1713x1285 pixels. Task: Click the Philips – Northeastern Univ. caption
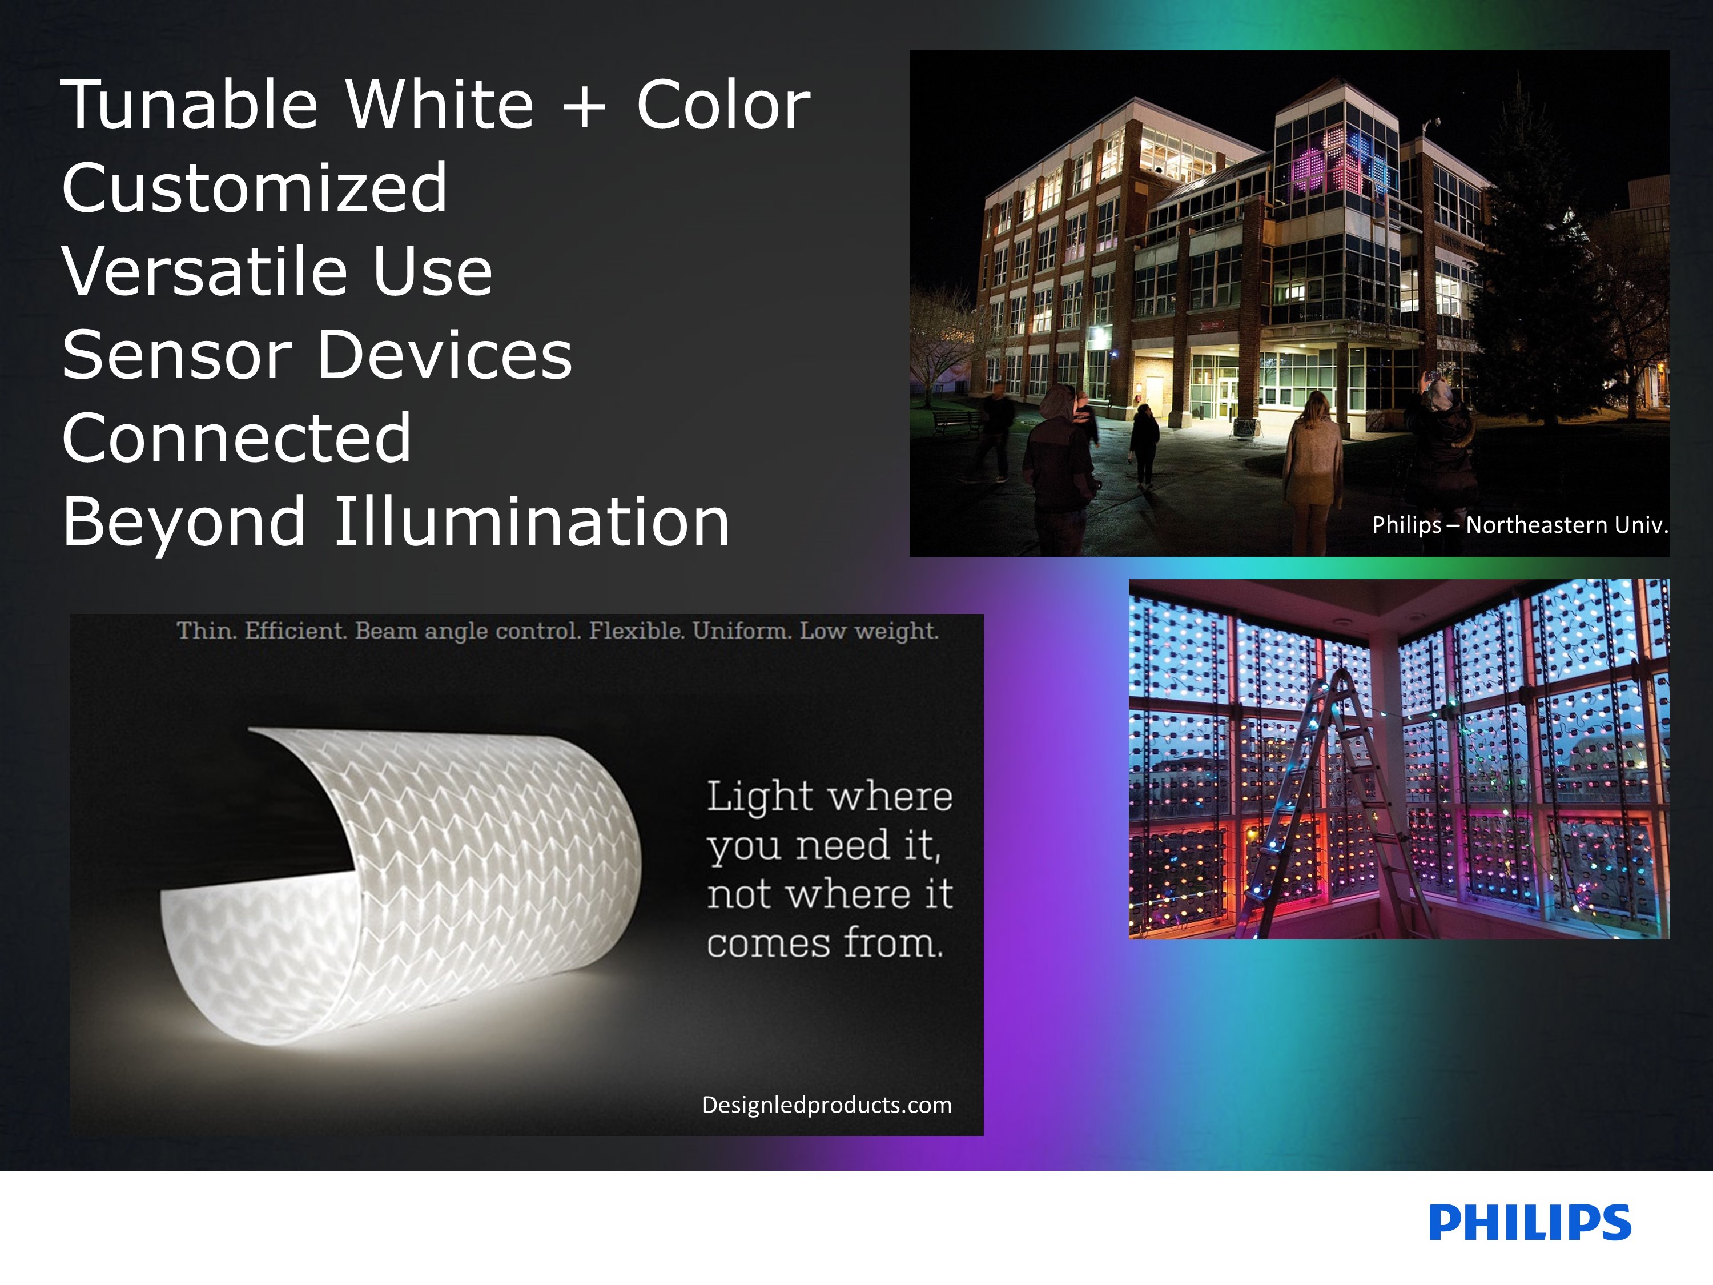[x=1519, y=525]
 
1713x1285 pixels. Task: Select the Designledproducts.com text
[x=827, y=1105]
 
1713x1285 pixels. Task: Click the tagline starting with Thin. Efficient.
[x=557, y=631]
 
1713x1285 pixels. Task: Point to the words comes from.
[x=825, y=943]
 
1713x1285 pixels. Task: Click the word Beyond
[x=183, y=521]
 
